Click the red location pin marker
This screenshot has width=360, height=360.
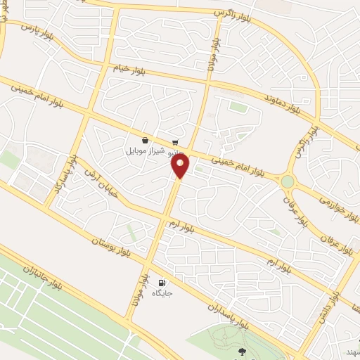[181, 166]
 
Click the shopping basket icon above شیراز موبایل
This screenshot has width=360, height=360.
[144, 139]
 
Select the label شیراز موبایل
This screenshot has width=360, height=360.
[145, 150]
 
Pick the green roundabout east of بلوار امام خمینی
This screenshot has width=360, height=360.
[287, 181]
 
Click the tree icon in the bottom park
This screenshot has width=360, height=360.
[243, 352]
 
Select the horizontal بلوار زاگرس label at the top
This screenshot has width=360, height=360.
[232, 11]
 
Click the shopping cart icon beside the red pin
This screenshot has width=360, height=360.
[174, 141]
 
